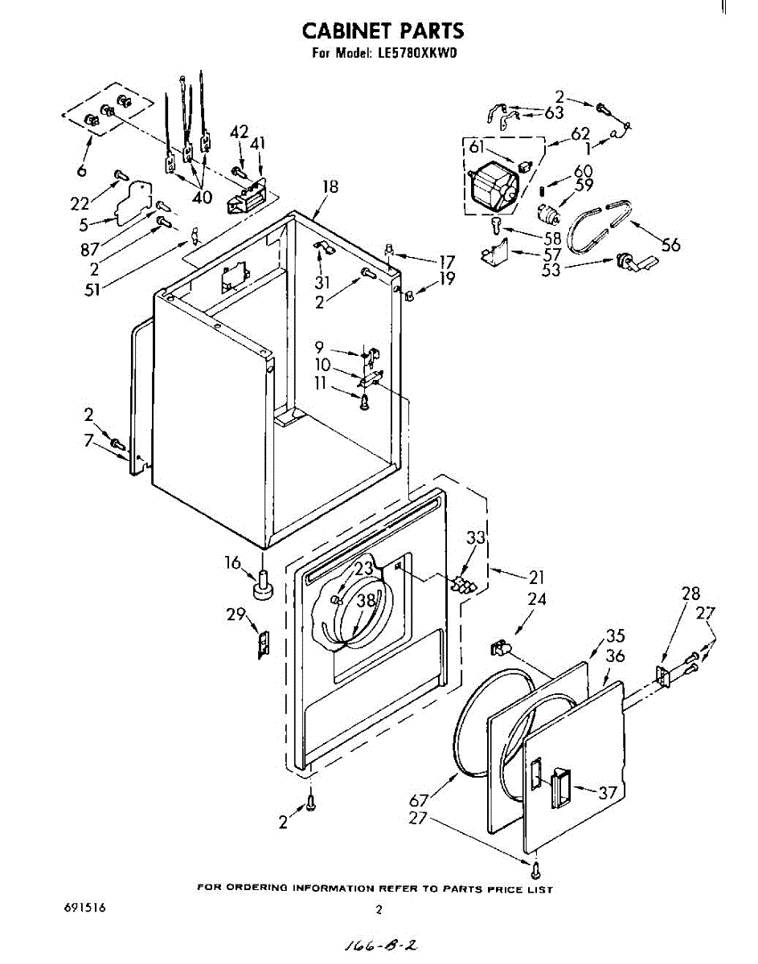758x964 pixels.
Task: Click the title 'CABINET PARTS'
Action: (383, 31)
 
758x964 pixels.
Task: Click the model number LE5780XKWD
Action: (417, 55)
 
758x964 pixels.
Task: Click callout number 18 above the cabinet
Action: (330, 187)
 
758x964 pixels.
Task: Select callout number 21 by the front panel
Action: (536, 577)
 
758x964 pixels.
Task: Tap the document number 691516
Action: (84, 909)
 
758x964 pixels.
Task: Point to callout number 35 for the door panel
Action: (616, 635)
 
